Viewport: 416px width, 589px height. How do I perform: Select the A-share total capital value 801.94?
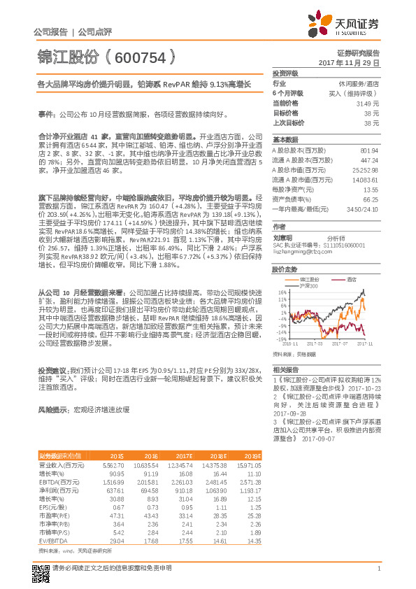(x=368, y=150)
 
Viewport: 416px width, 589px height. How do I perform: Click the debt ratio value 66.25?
(x=371, y=199)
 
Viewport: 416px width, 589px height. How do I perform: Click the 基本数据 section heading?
(x=285, y=139)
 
